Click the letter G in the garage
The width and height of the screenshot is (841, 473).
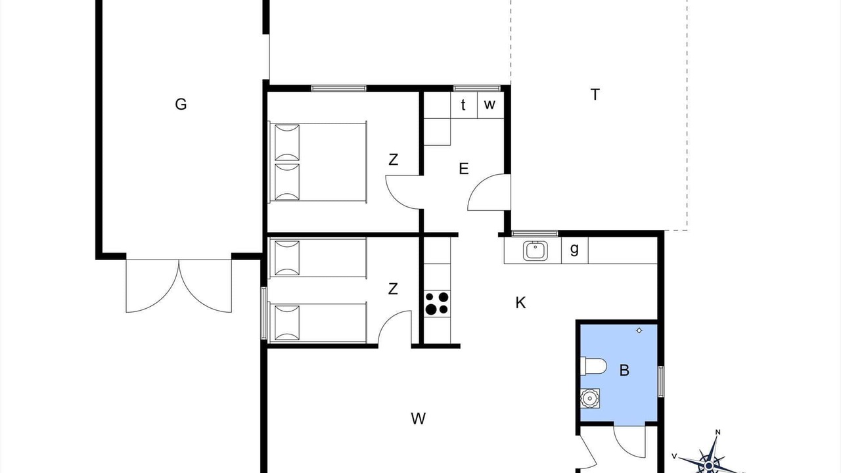tap(181, 104)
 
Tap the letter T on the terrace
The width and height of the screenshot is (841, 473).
tap(595, 95)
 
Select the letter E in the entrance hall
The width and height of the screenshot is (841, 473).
tap(464, 169)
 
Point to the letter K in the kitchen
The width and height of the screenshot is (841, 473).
tap(520, 302)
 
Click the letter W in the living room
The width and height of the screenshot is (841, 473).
tap(419, 418)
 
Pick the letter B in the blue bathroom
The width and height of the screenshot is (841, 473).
tap(624, 370)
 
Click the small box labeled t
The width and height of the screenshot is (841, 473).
tap(464, 105)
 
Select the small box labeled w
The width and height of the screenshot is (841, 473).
tap(490, 105)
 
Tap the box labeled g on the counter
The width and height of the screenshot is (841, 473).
tap(574, 250)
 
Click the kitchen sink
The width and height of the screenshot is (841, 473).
tap(535, 251)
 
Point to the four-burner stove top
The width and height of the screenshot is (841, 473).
tap(437, 304)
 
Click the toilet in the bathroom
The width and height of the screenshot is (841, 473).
tap(593, 366)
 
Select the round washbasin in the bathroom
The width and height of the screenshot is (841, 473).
tap(590, 398)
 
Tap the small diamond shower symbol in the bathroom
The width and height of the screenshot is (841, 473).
tap(639, 330)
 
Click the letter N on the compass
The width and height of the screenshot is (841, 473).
tap(717, 432)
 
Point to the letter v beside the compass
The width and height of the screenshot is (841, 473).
tap(674, 456)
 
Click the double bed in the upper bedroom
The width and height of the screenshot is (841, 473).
tap(317, 162)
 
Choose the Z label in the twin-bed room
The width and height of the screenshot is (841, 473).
tap(393, 289)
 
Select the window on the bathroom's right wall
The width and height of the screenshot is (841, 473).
tap(661, 382)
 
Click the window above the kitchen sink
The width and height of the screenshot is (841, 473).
tap(535, 233)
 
